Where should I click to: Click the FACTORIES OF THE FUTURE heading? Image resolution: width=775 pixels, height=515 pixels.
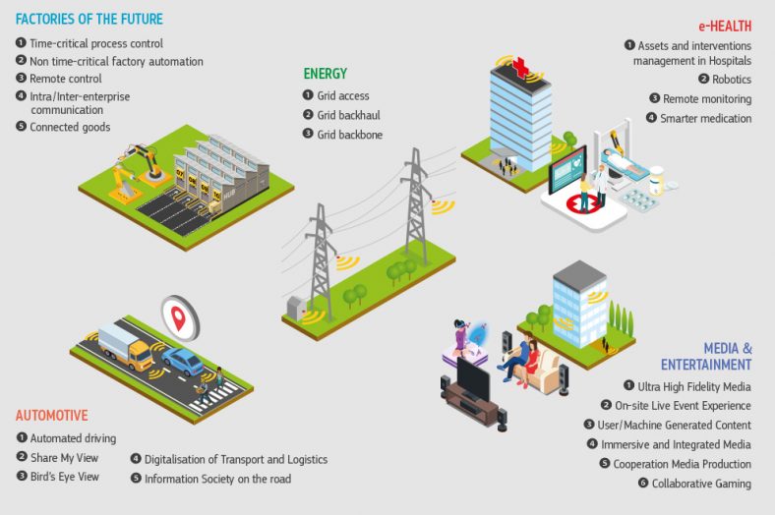(x=89, y=19)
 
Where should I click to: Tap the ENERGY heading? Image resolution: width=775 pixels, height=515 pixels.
(x=325, y=74)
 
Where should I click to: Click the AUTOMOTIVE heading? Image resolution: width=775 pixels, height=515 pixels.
(x=52, y=416)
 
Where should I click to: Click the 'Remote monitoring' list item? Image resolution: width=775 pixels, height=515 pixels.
(x=706, y=98)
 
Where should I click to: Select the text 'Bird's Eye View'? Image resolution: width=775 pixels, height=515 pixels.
(x=65, y=477)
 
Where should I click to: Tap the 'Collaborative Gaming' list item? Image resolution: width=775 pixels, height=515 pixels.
(x=700, y=484)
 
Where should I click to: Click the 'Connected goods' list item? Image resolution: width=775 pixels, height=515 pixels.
(x=70, y=127)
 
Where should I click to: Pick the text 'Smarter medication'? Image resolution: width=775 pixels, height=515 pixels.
(x=705, y=118)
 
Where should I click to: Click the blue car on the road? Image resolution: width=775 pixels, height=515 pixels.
(x=183, y=361)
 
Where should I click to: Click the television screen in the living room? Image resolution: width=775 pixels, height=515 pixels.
(x=473, y=374)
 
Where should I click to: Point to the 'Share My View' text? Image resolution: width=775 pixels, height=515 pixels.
(x=65, y=457)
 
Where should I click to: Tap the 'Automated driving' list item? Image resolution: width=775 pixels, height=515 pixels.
(x=73, y=438)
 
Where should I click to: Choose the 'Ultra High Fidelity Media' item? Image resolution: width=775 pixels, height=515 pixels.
(x=694, y=385)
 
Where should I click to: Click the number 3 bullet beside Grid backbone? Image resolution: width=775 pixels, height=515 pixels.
(x=307, y=135)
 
